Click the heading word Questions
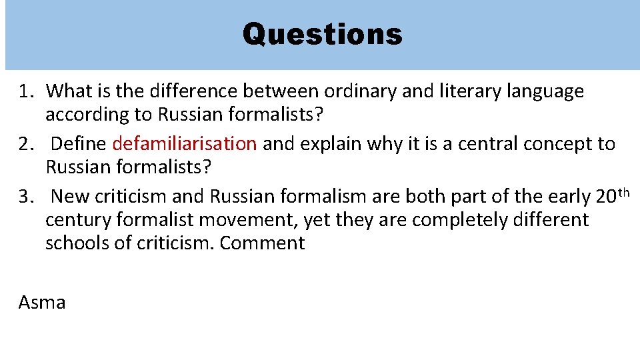tap(322, 33)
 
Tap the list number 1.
tap(25, 91)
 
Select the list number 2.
tap(26, 143)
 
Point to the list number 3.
tap(26, 197)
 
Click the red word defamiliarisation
tap(185, 143)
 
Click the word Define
tap(79, 143)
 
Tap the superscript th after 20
tap(624, 192)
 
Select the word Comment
tap(262, 243)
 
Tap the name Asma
tap(42, 303)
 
